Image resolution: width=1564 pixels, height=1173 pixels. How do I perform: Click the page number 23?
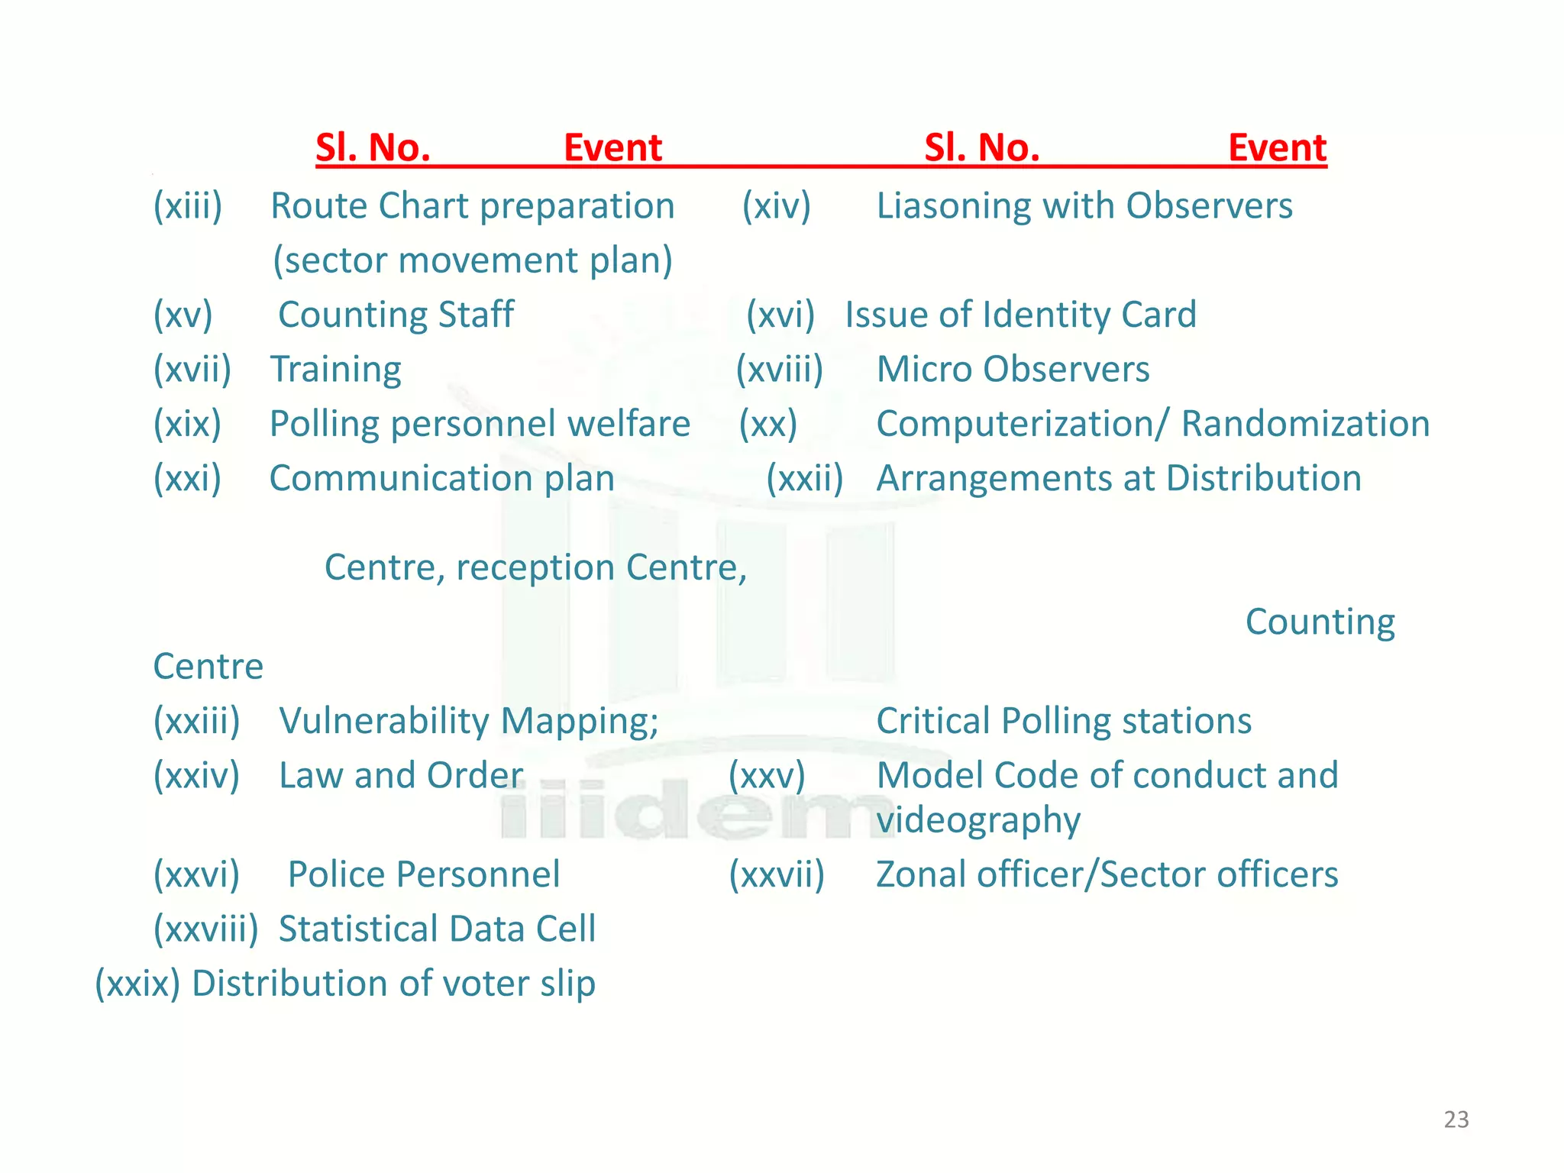[1456, 1120]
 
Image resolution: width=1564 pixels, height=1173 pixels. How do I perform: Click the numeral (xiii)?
[188, 206]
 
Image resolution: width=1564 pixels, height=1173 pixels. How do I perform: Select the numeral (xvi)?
[780, 315]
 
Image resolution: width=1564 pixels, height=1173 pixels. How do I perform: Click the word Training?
[335, 370]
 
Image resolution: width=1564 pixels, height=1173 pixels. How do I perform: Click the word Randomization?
[1304, 424]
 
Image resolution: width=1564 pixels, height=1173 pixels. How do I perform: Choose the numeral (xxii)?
[804, 479]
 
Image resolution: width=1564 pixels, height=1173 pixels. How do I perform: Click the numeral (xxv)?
[766, 776]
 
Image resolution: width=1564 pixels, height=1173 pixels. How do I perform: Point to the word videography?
[977, 821]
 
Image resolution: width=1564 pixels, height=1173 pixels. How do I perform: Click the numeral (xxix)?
[137, 984]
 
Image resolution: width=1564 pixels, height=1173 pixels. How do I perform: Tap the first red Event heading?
[612, 147]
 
